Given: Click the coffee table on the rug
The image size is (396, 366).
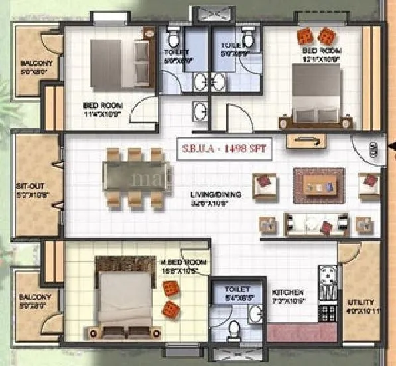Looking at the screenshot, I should [319, 183].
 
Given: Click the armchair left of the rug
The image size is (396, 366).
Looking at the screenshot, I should [264, 184].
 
